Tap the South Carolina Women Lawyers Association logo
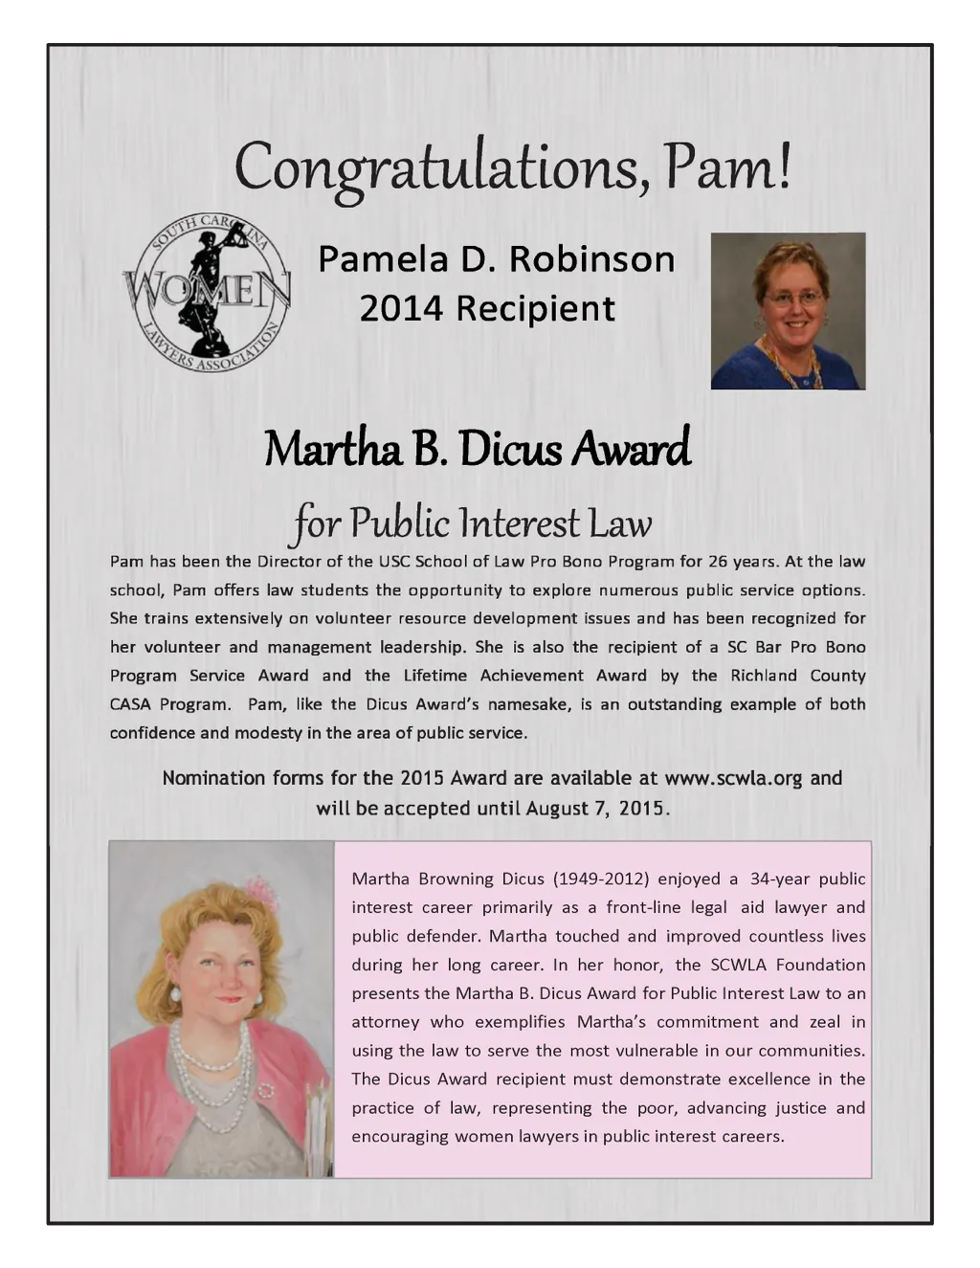point(207,292)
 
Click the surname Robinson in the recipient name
point(591,258)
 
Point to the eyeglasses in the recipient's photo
point(794,299)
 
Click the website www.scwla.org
point(733,778)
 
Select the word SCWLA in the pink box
point(738,965)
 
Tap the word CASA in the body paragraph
point(131,704)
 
